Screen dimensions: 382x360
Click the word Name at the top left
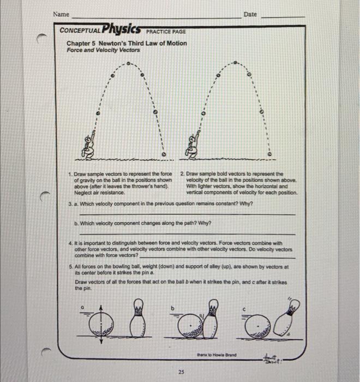[62, 14]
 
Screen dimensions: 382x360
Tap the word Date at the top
[250, 14]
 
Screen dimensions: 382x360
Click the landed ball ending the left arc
[163, 154]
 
